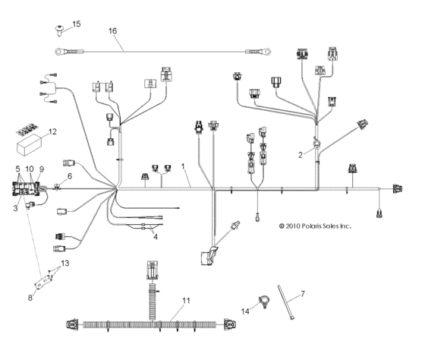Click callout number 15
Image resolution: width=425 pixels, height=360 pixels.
[76, 25]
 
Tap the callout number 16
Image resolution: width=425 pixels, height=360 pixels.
[112, 31]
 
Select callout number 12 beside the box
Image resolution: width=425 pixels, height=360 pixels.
[52, 132]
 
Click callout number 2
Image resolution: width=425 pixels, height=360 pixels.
[301, 154]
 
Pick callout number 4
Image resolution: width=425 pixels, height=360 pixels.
[156, 236]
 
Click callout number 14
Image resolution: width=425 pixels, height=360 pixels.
[245, 311]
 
